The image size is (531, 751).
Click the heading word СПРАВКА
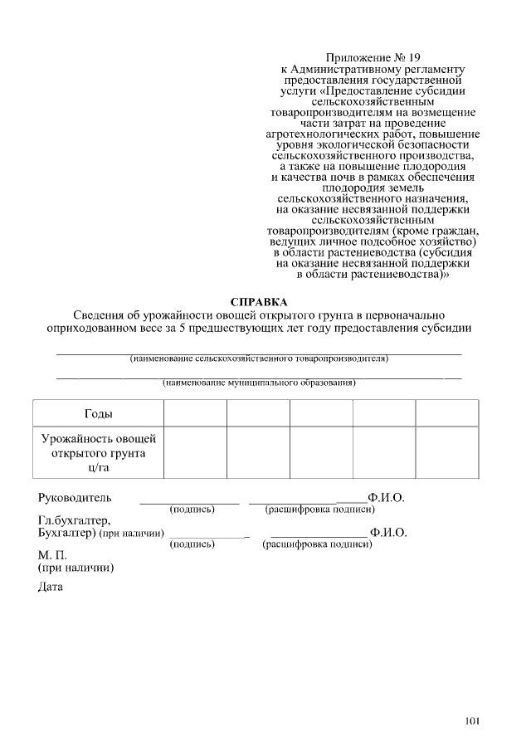point(259,301)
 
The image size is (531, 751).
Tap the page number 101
point(472,720)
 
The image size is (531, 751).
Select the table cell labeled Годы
point(99,413)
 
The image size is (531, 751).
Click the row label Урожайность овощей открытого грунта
point(99,453)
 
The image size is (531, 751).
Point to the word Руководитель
point(75,498)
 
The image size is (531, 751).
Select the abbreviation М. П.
point(52,554)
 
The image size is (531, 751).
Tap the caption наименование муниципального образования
point(259,383)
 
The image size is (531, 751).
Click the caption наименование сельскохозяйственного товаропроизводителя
point(259,359)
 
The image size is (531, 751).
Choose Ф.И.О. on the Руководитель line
point(387,498)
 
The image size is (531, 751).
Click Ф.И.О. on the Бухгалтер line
point(388,533)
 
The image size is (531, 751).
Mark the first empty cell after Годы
point(195,413)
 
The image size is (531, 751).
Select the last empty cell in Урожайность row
point(446,453)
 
